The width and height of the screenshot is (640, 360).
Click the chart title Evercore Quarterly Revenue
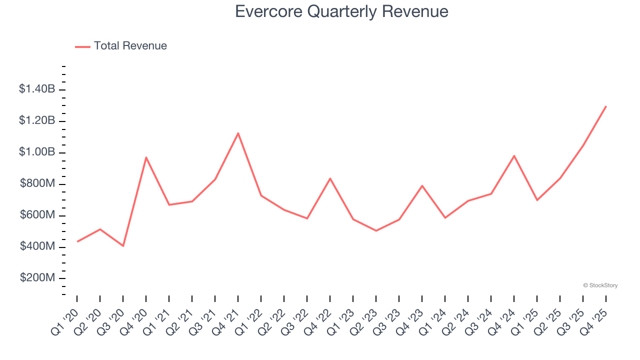pos(341,11)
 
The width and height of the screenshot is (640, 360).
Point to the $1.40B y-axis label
pos(37,89)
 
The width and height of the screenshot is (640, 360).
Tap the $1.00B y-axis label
pos(37,152)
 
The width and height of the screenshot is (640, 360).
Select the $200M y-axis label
pos(37,278)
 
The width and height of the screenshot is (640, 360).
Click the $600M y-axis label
pos(37,215)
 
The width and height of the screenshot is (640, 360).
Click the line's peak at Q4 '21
pos(238,133)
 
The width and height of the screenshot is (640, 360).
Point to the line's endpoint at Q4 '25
pos(606,106)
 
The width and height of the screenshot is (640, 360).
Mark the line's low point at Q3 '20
pos(123,246)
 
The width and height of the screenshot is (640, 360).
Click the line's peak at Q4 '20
pos(146,157)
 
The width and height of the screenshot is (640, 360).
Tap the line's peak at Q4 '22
pos(330,178)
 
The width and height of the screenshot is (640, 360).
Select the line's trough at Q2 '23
pos(376,230)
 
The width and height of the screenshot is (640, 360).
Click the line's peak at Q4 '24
pos(514,156)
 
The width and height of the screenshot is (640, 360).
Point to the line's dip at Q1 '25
pos(537,200)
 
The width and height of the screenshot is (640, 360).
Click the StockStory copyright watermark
pos(600,285)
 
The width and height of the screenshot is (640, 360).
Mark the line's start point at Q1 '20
pos(77,241)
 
